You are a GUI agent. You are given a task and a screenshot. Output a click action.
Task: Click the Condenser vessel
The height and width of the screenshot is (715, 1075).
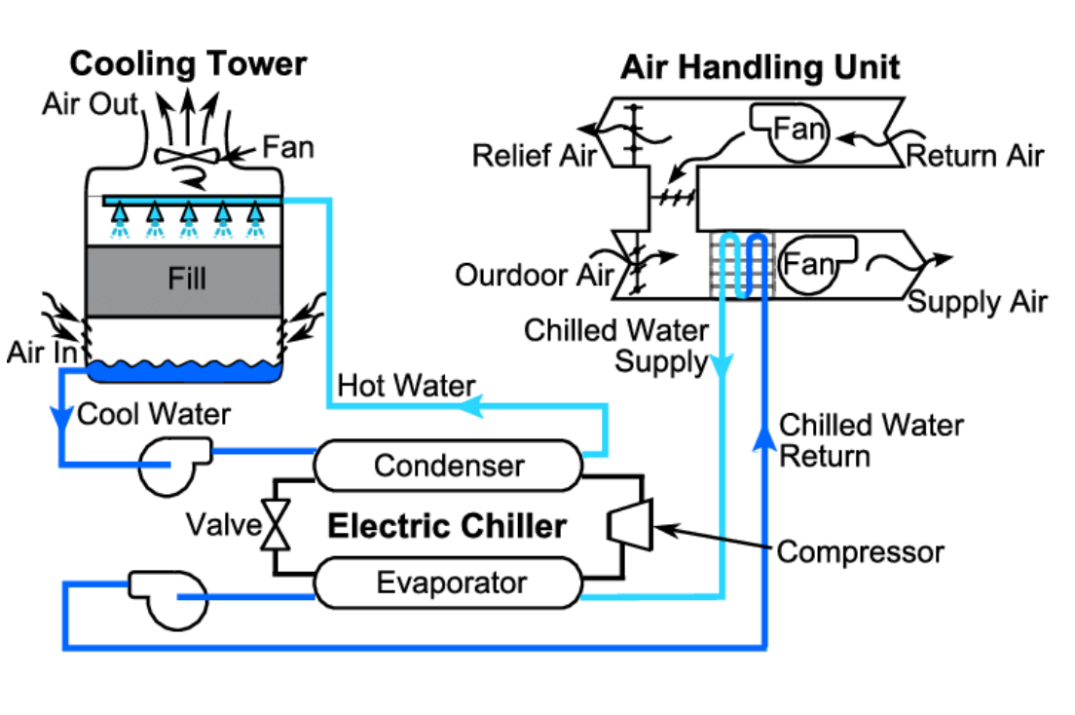coord(448,465)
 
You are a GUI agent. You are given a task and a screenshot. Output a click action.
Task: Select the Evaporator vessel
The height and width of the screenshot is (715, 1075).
coord(448,583)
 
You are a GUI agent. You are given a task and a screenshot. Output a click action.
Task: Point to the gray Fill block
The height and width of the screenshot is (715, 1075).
coord(185,280)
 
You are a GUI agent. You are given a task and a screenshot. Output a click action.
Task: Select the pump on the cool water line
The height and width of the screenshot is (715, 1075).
coord(173,464)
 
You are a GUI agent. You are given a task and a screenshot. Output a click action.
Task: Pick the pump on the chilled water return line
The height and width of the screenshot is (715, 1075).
coord(167,596)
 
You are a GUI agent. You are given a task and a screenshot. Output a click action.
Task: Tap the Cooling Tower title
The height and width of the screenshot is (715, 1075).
coord(188,64)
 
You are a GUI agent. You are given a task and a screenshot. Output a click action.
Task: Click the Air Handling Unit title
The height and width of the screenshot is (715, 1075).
coord(760,67)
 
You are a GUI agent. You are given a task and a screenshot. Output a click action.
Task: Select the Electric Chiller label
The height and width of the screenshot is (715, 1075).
coord(446,526)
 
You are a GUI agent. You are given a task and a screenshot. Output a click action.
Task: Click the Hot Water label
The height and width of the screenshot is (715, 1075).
coord(406,386)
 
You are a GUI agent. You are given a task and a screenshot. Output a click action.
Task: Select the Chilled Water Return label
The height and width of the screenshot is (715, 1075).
coord(871,439)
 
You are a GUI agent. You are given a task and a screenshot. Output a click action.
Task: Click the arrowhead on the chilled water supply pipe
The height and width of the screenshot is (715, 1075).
coord(721,367)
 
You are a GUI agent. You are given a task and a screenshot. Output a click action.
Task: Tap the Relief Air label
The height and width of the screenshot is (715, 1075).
coord(533,156)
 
